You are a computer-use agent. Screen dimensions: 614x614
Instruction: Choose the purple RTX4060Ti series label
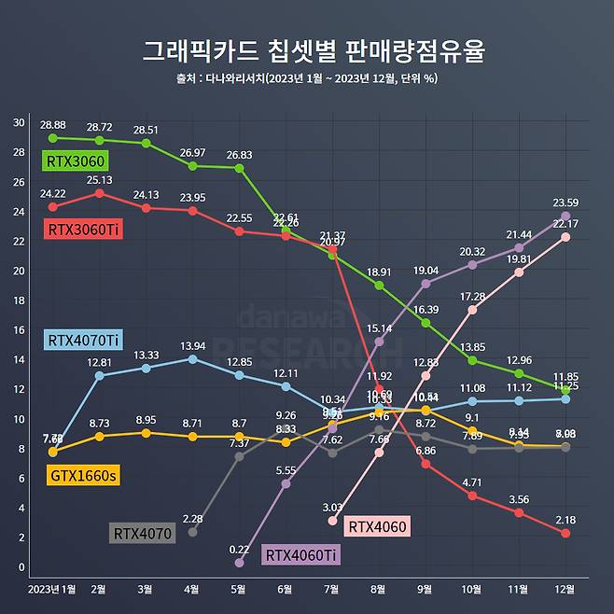point(301,555)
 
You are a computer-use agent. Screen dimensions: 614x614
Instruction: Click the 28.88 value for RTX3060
point(52,125)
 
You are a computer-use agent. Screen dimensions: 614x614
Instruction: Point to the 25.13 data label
point(100,180)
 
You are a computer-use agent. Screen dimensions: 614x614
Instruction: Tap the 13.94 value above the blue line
point(192,345)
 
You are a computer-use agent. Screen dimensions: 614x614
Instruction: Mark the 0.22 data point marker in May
point(239,563)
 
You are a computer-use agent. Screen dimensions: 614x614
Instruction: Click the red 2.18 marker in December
point(566,533)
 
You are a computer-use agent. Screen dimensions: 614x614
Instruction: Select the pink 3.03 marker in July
point(332,521)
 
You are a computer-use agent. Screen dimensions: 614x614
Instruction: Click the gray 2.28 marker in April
point(192,532)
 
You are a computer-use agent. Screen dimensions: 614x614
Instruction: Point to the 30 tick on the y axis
point(20,122)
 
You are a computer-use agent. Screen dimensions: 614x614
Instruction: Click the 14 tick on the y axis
point(20,359)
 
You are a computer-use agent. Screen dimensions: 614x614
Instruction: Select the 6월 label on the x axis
point(286,590)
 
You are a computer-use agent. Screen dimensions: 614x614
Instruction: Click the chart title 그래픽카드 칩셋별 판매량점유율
point(307,50)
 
